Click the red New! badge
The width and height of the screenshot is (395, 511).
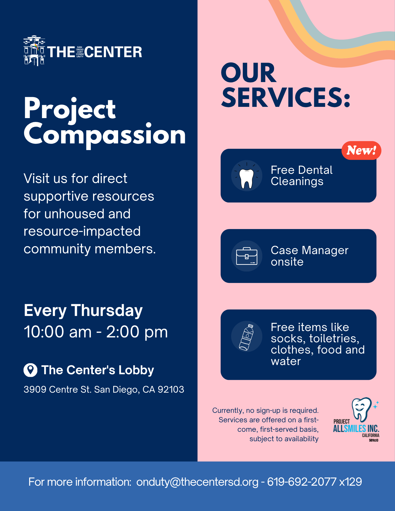click(361, 151)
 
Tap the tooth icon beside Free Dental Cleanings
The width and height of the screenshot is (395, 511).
click(246, 179)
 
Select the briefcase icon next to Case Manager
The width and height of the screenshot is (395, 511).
click(247, 256)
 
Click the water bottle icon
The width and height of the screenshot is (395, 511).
click(246, 337)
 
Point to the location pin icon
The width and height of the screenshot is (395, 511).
click(30, 370)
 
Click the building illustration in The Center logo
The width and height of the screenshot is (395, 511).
click(34, 51)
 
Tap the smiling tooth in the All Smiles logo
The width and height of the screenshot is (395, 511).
click(362, 409)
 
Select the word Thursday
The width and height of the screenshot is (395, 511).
click(107, 311)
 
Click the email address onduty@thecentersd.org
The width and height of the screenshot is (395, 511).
click(197, 482)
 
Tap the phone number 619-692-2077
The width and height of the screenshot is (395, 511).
click(302, 482)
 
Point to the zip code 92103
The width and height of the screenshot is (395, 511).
click(171, 389)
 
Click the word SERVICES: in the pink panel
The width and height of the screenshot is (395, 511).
click(286, 97)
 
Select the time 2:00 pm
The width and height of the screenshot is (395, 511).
click(137, 332)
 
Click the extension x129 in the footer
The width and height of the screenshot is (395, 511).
click(351, 482)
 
